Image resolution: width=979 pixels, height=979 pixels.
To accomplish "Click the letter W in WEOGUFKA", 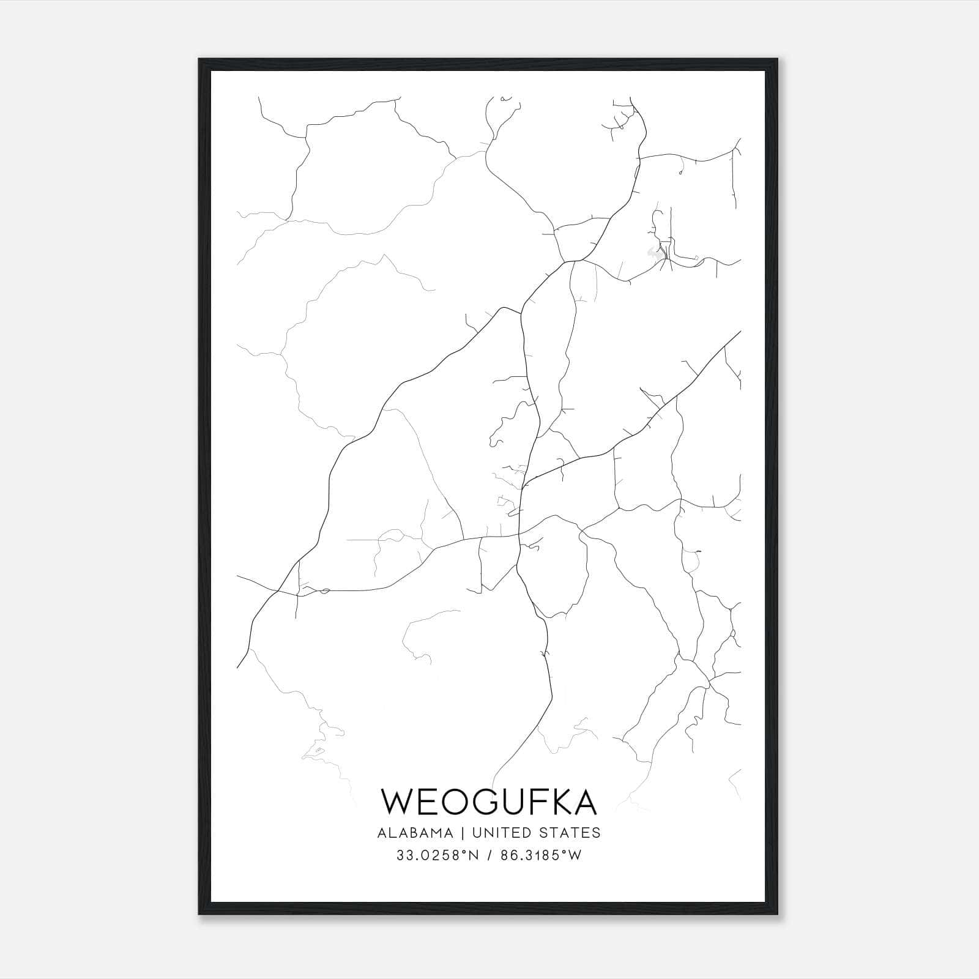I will pos(399,802).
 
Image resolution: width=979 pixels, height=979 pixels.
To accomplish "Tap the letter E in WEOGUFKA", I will pos(431,802).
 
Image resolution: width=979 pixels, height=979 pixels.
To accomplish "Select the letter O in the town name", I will pos(461,802).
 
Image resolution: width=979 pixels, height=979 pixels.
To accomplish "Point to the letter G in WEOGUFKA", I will pos(494,802).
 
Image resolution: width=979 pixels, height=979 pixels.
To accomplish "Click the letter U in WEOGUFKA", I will pos(525,802).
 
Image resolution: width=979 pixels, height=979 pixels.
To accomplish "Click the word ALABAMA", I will pos(415,833).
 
